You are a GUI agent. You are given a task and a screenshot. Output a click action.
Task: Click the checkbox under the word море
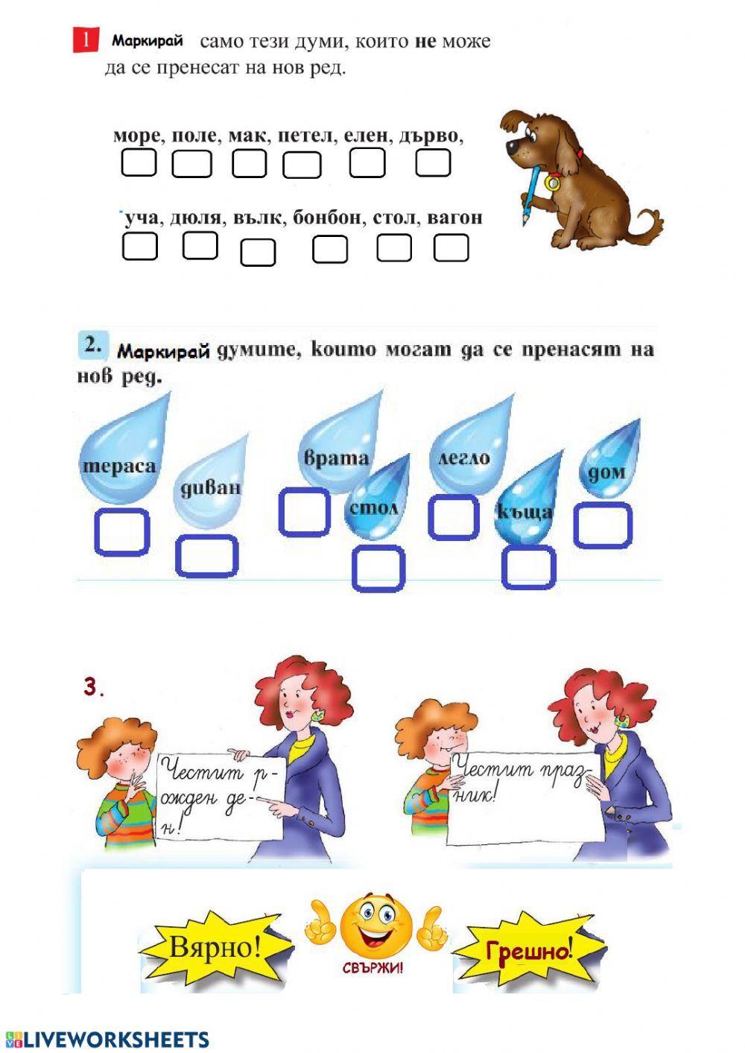point(139,162)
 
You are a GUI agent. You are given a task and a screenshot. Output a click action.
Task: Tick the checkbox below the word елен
point(367,162)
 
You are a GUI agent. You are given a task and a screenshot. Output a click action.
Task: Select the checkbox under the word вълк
point(258,253)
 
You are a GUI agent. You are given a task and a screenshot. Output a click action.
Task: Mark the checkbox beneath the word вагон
point(451,248)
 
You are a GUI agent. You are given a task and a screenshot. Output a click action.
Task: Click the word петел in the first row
point(306,136)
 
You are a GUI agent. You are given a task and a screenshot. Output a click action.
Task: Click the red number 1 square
point(86,40)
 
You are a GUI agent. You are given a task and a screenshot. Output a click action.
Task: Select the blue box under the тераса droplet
point(121,531)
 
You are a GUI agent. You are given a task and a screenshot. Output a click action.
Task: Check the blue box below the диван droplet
point(207,556)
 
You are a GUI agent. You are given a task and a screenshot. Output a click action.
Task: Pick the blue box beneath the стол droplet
point(378,568)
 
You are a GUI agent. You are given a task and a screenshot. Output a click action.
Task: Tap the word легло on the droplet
point(463,458)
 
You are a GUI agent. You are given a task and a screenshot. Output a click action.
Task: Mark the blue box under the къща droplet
point(529,567)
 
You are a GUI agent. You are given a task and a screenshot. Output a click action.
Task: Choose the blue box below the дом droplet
point(603,525)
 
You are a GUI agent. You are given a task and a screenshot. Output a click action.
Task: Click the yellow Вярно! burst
point(215,947)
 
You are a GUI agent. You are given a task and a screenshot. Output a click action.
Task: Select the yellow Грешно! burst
point(529,951)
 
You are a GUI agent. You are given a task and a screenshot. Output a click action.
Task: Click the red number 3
point(92,687)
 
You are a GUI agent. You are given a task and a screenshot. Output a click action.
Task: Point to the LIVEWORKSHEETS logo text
point(115,1040)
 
